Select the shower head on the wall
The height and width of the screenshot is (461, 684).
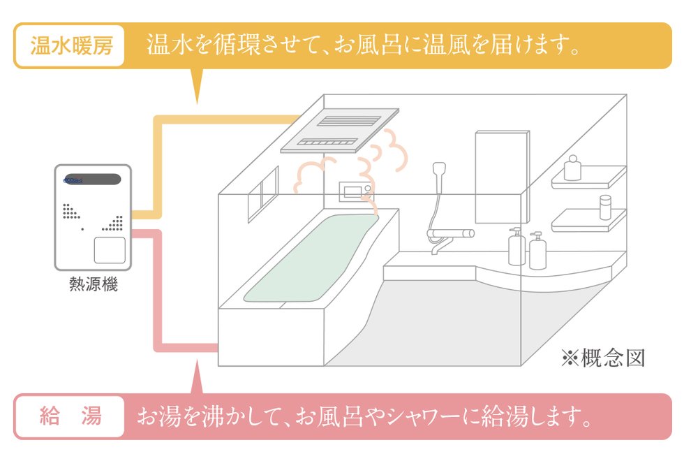pyautogui.click(x=439, y=170)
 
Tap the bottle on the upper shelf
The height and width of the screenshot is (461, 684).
pyautogui.click(x=573, y=168)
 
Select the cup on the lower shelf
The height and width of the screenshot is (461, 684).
pyautogui.click(x=605, y=207)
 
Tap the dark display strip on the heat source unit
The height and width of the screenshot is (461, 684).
pyautogui.click(x=93, y=179)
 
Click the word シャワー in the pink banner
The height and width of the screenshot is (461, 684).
pyautogui.click(x=429, y=418)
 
